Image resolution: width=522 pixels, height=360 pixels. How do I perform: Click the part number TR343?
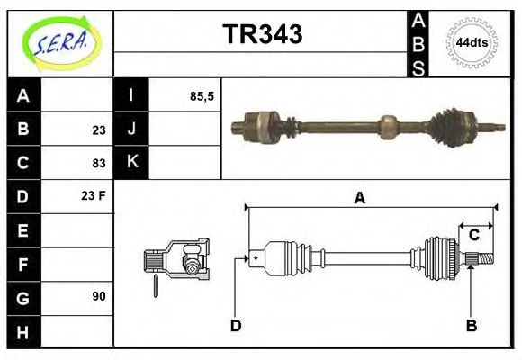pos(262,34)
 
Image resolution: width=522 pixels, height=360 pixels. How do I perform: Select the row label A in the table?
pos(23,96)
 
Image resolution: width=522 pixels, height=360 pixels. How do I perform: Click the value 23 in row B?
pos(98,130)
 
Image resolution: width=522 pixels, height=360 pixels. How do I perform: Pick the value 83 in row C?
pos(98,163)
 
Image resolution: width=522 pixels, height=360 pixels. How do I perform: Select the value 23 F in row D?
pos(94,195)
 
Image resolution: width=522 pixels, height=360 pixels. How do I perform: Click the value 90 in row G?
pos(98,295)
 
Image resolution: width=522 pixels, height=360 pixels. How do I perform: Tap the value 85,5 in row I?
pos(202,96)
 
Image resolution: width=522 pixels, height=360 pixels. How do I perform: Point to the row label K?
pos(131,163)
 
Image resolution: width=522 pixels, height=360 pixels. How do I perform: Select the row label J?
pos(131,130)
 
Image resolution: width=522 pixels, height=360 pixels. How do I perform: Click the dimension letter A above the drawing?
pos(359,198)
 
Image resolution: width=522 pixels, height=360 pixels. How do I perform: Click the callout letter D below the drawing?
pos(236,325)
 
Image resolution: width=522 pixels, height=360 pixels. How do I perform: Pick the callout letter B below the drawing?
pos(471,325)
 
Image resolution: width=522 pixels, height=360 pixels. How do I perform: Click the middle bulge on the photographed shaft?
pos(389,125)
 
